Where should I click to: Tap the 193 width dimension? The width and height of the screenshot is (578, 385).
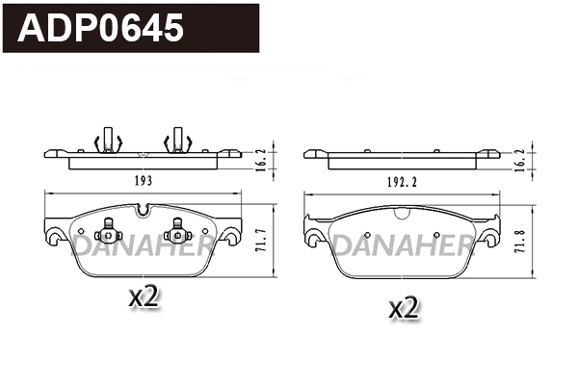click(x=144, y=180)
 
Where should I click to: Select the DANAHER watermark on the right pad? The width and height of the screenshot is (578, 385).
click(x=403, y=249)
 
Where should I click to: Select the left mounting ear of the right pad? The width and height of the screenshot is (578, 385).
click(x=312, y=231)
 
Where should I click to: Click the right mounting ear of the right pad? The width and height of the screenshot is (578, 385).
click(x=492, y=231)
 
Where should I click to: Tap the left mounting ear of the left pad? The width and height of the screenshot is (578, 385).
click(x=54, y=230)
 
